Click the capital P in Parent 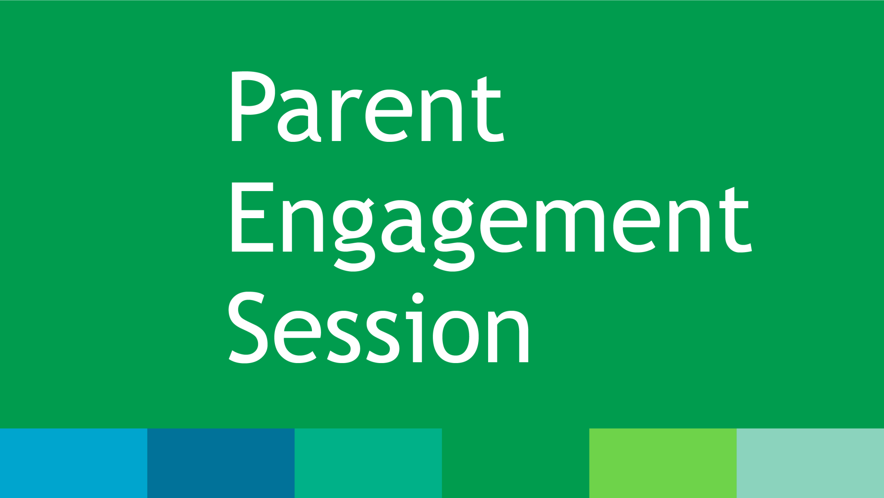[253, 106]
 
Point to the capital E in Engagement [252, 217]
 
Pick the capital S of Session [248, 328]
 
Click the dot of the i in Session [418, 298]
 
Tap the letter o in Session [456, 337]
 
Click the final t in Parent [488, 110]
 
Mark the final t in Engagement [735, 220]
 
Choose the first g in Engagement [354, 235]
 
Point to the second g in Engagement [453, 235]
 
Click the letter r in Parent [346, 115]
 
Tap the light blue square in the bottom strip [74, 463]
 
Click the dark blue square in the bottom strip [221, 463]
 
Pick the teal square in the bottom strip [368, 463]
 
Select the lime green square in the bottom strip [663, 463]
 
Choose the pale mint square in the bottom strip [810, 463]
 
